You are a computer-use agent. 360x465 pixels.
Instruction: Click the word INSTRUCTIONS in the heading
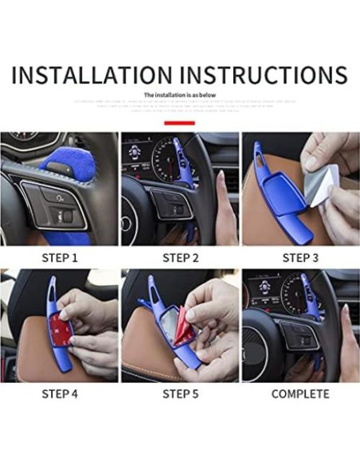[x=264, y=75]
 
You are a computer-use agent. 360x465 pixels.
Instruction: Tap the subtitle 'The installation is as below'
[x=179, y=95]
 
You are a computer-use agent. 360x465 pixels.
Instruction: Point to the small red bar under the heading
[x=179, y=123]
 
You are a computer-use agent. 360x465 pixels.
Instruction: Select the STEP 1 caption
[x=60, y=257]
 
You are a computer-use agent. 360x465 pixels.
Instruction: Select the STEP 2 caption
[x=180, y=257]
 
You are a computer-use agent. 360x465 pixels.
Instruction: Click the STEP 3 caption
[x=300, y=257]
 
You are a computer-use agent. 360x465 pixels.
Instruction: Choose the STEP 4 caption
[x=60, y=394]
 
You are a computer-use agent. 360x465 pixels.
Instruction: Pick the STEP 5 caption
[x=180, y=394]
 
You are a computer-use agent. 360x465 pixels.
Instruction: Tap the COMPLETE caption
[x=300, y=394]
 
